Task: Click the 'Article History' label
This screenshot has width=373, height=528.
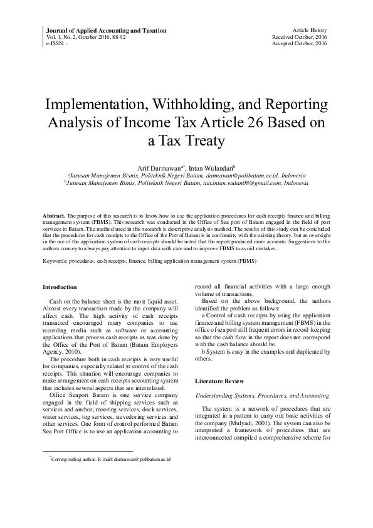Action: [x=310, y=30]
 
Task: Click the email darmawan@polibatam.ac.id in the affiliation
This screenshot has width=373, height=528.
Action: [x=241, y=176]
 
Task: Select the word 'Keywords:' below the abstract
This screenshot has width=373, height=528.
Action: [x=56, y=260]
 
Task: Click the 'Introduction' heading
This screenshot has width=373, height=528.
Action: [x=60, y=287]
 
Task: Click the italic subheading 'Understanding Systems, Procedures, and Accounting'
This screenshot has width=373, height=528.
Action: [x=263, y=396]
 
